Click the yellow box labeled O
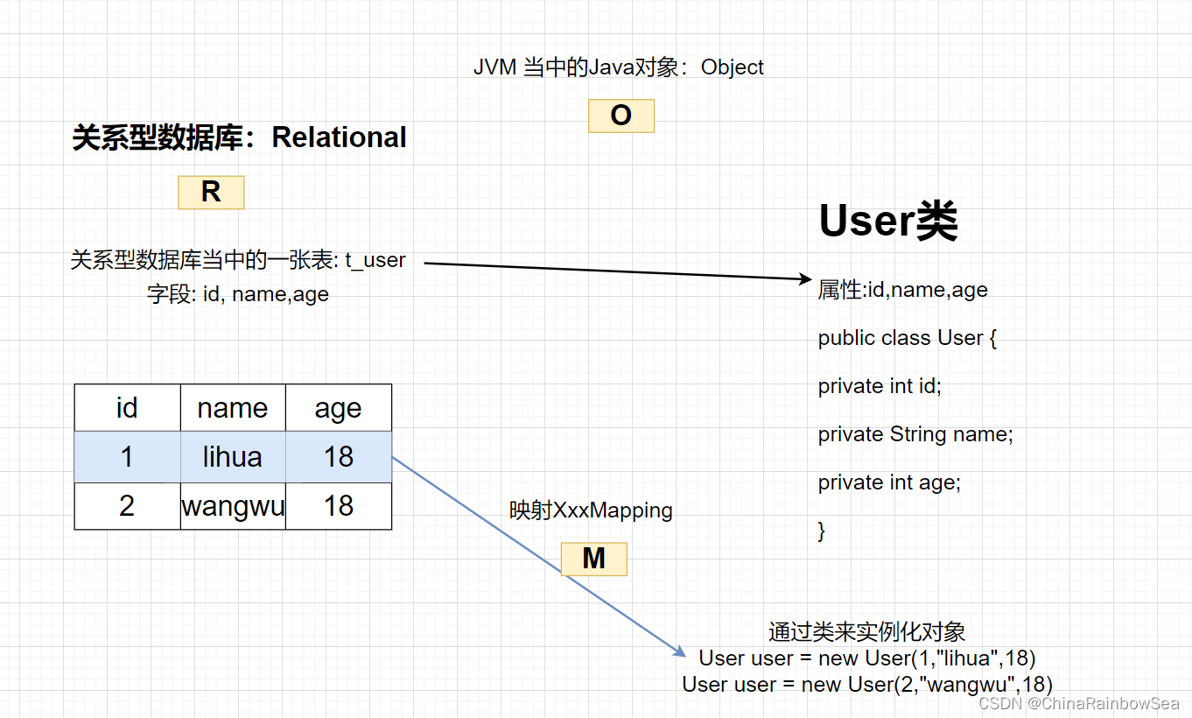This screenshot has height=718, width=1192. (621, 116)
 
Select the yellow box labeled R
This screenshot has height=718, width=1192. (211, 192)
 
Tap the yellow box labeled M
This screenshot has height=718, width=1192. (594, 559)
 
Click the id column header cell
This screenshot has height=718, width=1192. (127, 408)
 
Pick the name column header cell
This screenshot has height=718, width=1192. (233, 408)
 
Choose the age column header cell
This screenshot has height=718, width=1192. (339, 408)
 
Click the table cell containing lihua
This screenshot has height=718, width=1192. (233, 457)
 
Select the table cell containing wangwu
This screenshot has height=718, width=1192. (233, 506)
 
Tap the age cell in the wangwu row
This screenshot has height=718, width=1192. (339, 506)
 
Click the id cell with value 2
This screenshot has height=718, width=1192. (127, 506)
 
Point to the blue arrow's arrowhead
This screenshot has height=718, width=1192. (679, 651)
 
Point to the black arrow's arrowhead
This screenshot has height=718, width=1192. (806, 278)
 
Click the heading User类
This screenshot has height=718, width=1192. (888, 221)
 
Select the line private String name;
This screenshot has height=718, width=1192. (915, 434)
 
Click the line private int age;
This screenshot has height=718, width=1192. (889, 482)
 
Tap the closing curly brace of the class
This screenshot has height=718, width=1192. (822, 531)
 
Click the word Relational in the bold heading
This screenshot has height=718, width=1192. (339, 137)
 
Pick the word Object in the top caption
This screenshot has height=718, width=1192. (732, 67)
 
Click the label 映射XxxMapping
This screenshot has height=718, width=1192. (591, 510)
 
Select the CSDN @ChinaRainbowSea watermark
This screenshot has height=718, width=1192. (1078, 704)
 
